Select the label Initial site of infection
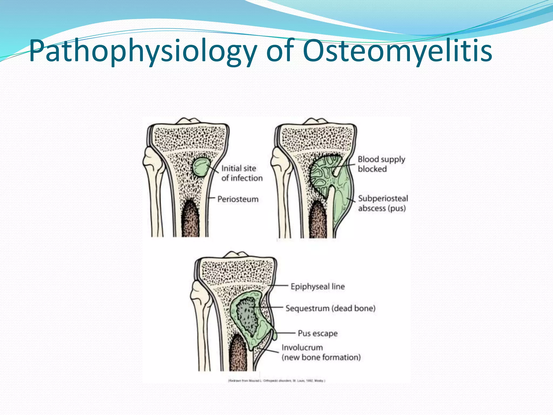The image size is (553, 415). click(x=242, y=173)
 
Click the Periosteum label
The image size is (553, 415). click(x=238, y=199)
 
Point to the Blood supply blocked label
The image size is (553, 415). click(x=381, y=164)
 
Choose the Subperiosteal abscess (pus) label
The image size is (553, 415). click(x=383, y=203)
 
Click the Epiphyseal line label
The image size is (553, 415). click(x=318, y=286)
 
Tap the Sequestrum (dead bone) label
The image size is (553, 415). click(x=331, y=308)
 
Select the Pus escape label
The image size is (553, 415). click(x=318, y=333)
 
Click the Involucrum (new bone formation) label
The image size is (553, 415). click(x=321, y=353)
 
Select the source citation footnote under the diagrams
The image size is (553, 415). click(x=277, y=381)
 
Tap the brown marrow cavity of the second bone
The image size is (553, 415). click(x=318, y=220)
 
